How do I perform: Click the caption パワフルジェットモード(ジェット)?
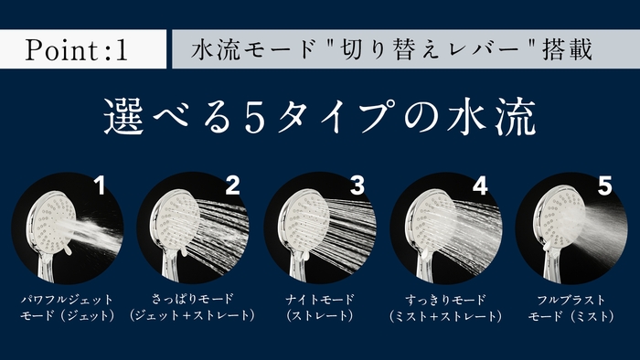coord(67,307)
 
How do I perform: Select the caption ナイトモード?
coord(319,298)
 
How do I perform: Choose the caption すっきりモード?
coord(445,298)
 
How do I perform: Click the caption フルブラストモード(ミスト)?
coord(571,307)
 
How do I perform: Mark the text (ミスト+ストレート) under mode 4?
coord(445,316)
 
